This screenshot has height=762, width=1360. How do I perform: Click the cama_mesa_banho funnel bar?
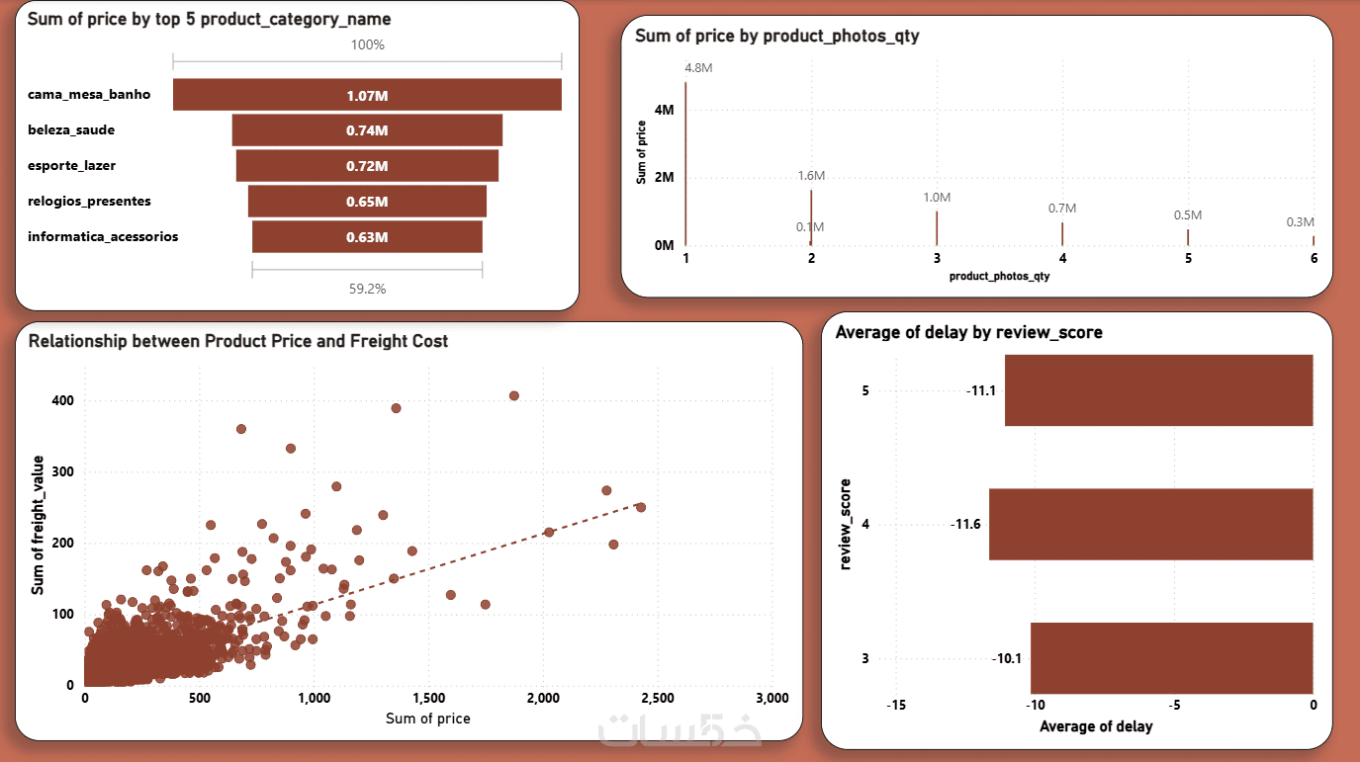367,95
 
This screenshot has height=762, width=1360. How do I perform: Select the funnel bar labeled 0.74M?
367,130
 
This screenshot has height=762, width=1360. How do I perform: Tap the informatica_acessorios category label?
103,237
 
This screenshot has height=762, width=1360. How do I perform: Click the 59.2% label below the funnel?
367,290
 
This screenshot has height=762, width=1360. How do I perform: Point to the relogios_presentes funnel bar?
367,202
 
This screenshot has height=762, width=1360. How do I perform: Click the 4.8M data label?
698,68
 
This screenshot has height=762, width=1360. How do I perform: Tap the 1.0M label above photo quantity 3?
937,198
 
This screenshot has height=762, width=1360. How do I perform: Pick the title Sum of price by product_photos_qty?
777,37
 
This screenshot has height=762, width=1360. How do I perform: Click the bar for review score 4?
1150,524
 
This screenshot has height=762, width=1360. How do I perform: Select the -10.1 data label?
1006,658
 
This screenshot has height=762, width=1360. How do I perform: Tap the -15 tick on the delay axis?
896,706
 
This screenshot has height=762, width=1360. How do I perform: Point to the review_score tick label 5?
865,390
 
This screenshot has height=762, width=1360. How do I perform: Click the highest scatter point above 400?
513,396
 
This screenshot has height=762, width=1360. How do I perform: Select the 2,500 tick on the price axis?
658,699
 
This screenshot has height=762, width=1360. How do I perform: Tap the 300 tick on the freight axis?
63,472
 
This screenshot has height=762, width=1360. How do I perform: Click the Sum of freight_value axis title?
39,525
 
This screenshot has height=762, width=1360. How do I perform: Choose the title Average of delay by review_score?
968,333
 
